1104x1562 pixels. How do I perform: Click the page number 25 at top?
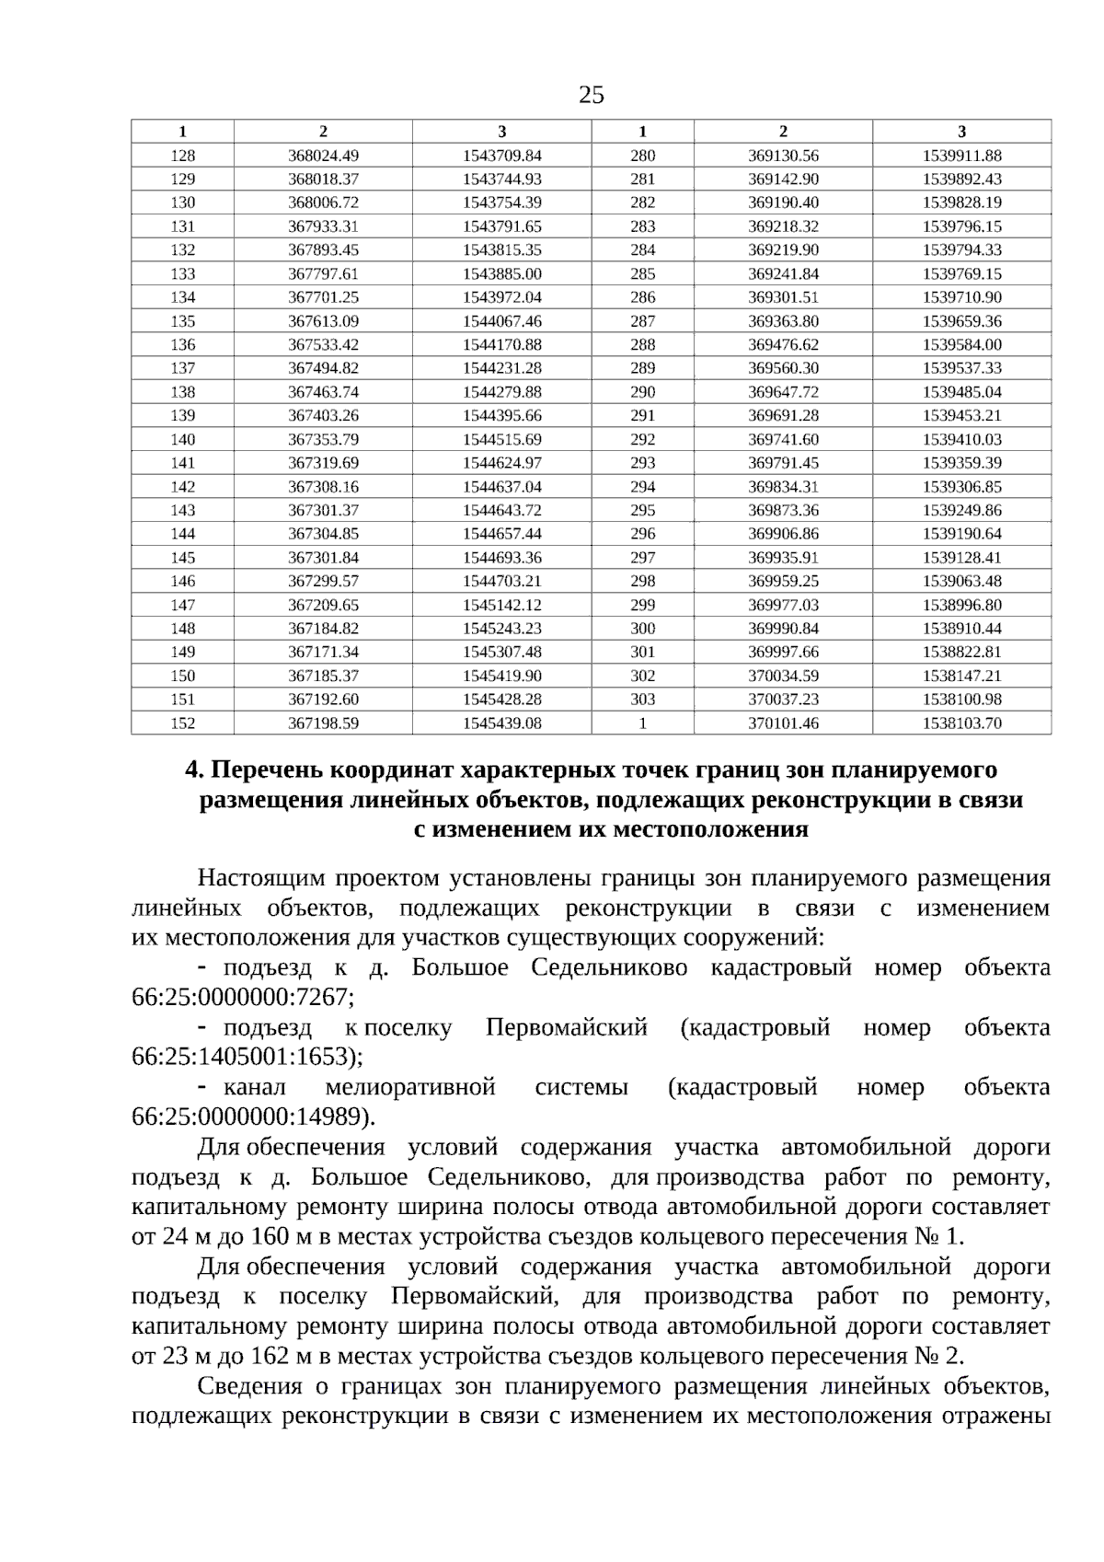(592, 94)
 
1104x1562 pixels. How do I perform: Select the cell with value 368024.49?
(323, 156)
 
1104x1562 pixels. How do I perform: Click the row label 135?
(183, 321)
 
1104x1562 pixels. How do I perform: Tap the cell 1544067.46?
(501, 321)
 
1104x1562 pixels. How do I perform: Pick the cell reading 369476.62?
(783, 345)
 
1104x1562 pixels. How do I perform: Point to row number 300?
(642, 629)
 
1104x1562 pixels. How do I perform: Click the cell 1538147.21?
(961, 676)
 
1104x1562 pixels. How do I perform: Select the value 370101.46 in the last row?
(783, 723)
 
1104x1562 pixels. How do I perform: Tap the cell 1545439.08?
(501, 723)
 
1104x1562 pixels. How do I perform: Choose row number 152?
(183, 723)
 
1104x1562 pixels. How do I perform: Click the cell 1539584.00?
(961, 345)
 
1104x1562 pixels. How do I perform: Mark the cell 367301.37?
(323, 511)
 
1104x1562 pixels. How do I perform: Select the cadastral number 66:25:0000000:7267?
(242, 998)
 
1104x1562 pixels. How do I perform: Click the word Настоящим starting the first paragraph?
(259, 878)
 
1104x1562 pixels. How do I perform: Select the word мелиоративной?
(410, 1087)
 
